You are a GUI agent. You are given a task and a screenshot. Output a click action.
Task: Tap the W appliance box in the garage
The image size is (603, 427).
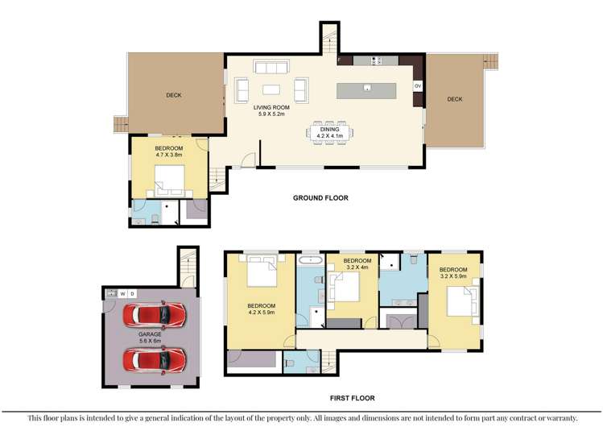pos(122,293)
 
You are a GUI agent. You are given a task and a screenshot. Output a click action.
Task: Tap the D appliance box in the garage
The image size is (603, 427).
pos(133,293)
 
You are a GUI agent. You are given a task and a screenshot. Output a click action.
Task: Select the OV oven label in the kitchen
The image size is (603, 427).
pos(417,85)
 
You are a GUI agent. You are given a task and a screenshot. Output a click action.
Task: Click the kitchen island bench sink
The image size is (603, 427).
pos(366,88)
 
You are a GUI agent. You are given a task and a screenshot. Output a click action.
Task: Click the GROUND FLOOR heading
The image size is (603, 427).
pos(320,197)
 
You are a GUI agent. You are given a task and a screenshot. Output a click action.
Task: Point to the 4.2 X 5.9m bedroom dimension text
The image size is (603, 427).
pos(262,313)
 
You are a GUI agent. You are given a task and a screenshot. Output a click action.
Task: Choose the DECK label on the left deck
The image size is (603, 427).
pos(174,95)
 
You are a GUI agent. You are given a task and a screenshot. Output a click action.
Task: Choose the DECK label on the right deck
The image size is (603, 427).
pos(455,99)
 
